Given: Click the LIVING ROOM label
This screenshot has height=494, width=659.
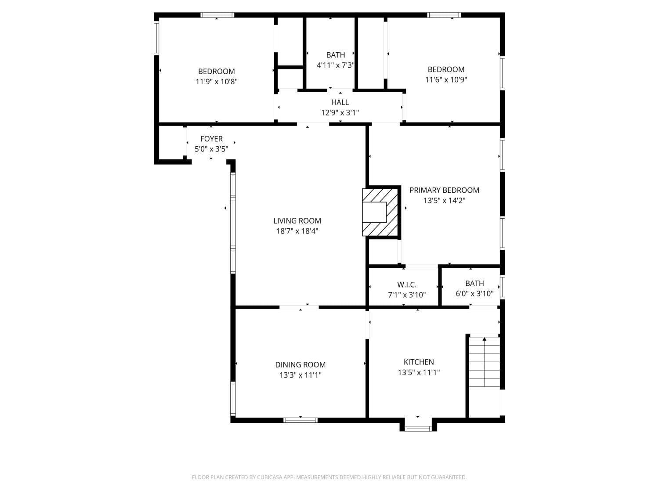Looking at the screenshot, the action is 297,221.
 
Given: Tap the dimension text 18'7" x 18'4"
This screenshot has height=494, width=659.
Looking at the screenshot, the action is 297,231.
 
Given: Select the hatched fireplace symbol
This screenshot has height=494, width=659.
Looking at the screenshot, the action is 380,212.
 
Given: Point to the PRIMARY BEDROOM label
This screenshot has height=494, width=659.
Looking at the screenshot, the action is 444,190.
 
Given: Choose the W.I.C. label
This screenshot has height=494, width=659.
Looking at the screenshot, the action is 407,285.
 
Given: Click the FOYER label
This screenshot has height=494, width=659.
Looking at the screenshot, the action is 211,139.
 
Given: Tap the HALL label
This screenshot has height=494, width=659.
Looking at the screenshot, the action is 340,102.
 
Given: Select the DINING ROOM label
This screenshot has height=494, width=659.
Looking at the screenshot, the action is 300,365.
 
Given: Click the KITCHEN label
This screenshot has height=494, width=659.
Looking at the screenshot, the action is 419,362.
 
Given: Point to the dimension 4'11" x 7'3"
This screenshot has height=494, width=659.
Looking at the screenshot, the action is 336,65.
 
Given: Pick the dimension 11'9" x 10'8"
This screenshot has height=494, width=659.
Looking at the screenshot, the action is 217,82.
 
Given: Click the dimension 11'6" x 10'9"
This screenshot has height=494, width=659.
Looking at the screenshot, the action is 446,79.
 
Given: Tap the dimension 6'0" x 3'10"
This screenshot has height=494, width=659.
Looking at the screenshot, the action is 474,294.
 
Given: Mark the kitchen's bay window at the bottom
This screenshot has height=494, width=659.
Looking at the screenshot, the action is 418,429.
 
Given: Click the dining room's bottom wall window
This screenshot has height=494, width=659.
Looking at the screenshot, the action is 300,420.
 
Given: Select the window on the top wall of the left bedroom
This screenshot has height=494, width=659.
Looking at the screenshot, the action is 217,15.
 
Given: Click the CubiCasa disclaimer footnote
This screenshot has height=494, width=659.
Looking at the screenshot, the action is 329,477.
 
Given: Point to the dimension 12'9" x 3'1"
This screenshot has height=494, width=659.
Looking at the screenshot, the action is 340,113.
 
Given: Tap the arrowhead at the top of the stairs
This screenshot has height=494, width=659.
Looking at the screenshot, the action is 484,339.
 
